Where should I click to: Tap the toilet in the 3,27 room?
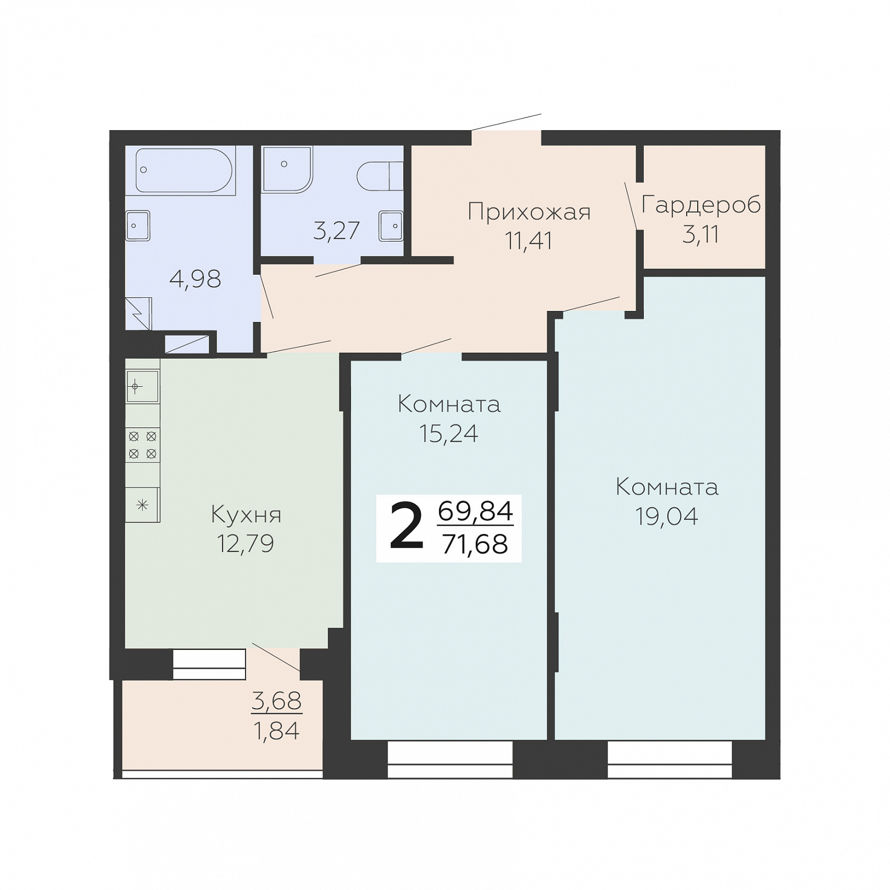click(380, 176)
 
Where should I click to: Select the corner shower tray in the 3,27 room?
click(287, 169)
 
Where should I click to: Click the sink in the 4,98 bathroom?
click(138, 226)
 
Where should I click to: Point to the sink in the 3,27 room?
click(391, 226)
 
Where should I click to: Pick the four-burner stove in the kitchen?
click(143, 445)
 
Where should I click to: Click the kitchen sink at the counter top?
click(143, 387)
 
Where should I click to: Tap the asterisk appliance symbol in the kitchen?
click(143, 505)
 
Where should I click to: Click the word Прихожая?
click(529, 212)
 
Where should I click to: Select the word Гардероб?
click(701, 205)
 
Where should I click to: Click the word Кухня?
click(246, 515)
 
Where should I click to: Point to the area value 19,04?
click(667, 516)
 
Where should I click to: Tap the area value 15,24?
click(449, 433)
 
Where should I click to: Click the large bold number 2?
click(407, 528)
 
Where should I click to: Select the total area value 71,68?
click(475, 544)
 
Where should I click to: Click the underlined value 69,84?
click(476, 511)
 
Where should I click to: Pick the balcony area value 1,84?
click(276, 731)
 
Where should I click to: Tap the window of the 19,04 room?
click(670, 759)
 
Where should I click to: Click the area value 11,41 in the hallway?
click(529, 241)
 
